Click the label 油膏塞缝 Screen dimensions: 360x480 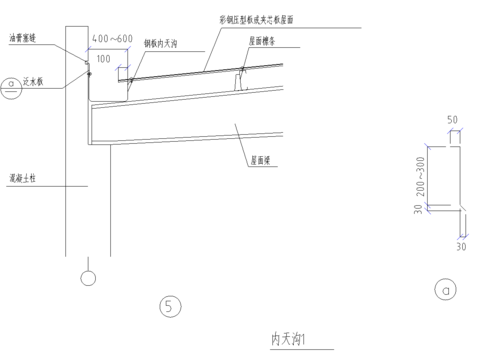[22, 38]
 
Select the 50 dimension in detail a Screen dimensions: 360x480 [452, 119]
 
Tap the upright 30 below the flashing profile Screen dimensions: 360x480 [462, 245]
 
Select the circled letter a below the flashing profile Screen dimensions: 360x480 [445, 290]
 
